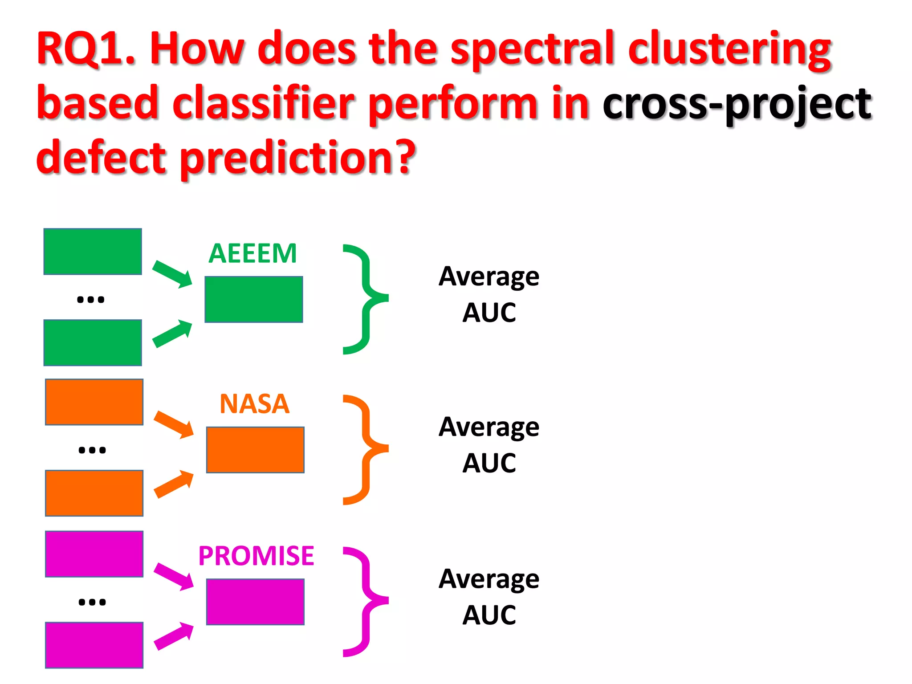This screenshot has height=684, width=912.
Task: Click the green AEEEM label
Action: [252, 253]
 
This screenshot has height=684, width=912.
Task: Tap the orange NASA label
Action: [255, 404]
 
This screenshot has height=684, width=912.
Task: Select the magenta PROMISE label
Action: [256, 556]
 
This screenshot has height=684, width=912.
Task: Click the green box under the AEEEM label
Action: [254, 299]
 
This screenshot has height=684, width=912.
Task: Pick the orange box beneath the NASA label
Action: [255, 450]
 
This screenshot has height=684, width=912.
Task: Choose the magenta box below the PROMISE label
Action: [255, 602]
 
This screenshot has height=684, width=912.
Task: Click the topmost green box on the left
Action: [93, 252]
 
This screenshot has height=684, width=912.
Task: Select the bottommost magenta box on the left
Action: [94, 645]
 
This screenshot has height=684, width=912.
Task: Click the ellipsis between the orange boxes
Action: [92, 450]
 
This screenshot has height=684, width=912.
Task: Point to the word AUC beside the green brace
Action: [489, 313]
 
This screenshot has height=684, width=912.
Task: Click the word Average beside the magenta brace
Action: [489, 579]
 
